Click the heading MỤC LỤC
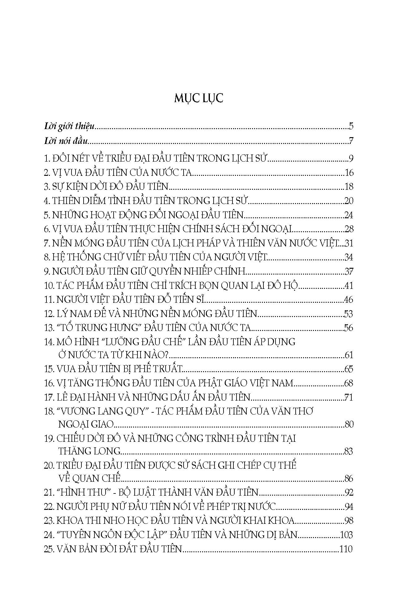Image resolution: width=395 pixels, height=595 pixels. (x=198, y=98)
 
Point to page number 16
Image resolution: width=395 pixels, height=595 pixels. (x=349, y=172)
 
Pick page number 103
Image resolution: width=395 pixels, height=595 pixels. (x=346, y=535)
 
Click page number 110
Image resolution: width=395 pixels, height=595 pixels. (x=346, y=549)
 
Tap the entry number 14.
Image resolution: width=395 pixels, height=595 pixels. (x=49, y=342)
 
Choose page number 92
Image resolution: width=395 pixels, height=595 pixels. (x=349, y=492)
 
